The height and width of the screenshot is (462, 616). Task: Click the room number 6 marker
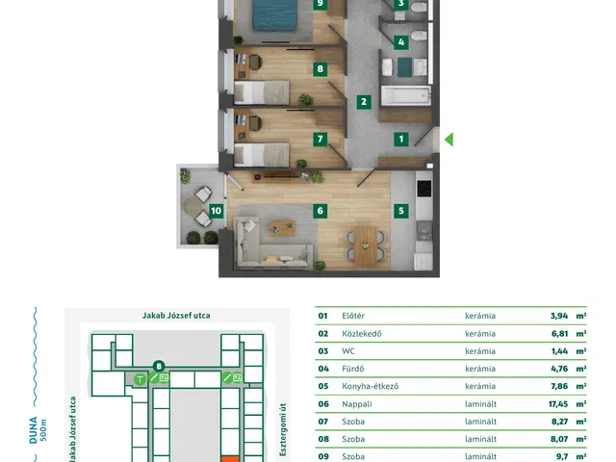coord(321,211)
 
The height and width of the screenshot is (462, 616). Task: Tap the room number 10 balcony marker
coord(216,211)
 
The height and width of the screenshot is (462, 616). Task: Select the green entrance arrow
coord(449,139)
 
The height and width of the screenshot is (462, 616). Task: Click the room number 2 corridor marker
coord(364,102)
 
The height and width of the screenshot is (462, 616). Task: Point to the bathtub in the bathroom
coord(406,96)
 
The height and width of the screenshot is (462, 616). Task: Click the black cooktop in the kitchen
coord(424,189)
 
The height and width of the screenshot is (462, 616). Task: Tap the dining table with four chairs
coord(366,245)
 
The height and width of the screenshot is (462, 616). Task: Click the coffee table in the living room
coord(282,227)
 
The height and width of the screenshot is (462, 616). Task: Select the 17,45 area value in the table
coord(558,404)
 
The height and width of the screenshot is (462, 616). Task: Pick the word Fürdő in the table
coord(353,369)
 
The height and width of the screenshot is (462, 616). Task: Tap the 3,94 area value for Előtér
coord(559,316)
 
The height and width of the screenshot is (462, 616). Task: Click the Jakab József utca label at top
coord(176,316)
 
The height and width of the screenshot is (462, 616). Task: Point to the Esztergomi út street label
coord(283,429)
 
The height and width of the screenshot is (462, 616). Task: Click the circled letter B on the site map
coord(159,367)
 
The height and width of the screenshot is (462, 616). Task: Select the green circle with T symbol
coord(140,379)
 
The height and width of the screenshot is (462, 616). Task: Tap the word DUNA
coord(34,430)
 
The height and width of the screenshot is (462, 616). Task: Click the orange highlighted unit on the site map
coord(230,459)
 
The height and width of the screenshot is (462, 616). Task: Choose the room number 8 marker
coord(321,69)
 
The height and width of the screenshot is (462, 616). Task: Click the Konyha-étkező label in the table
coord(370,386)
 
